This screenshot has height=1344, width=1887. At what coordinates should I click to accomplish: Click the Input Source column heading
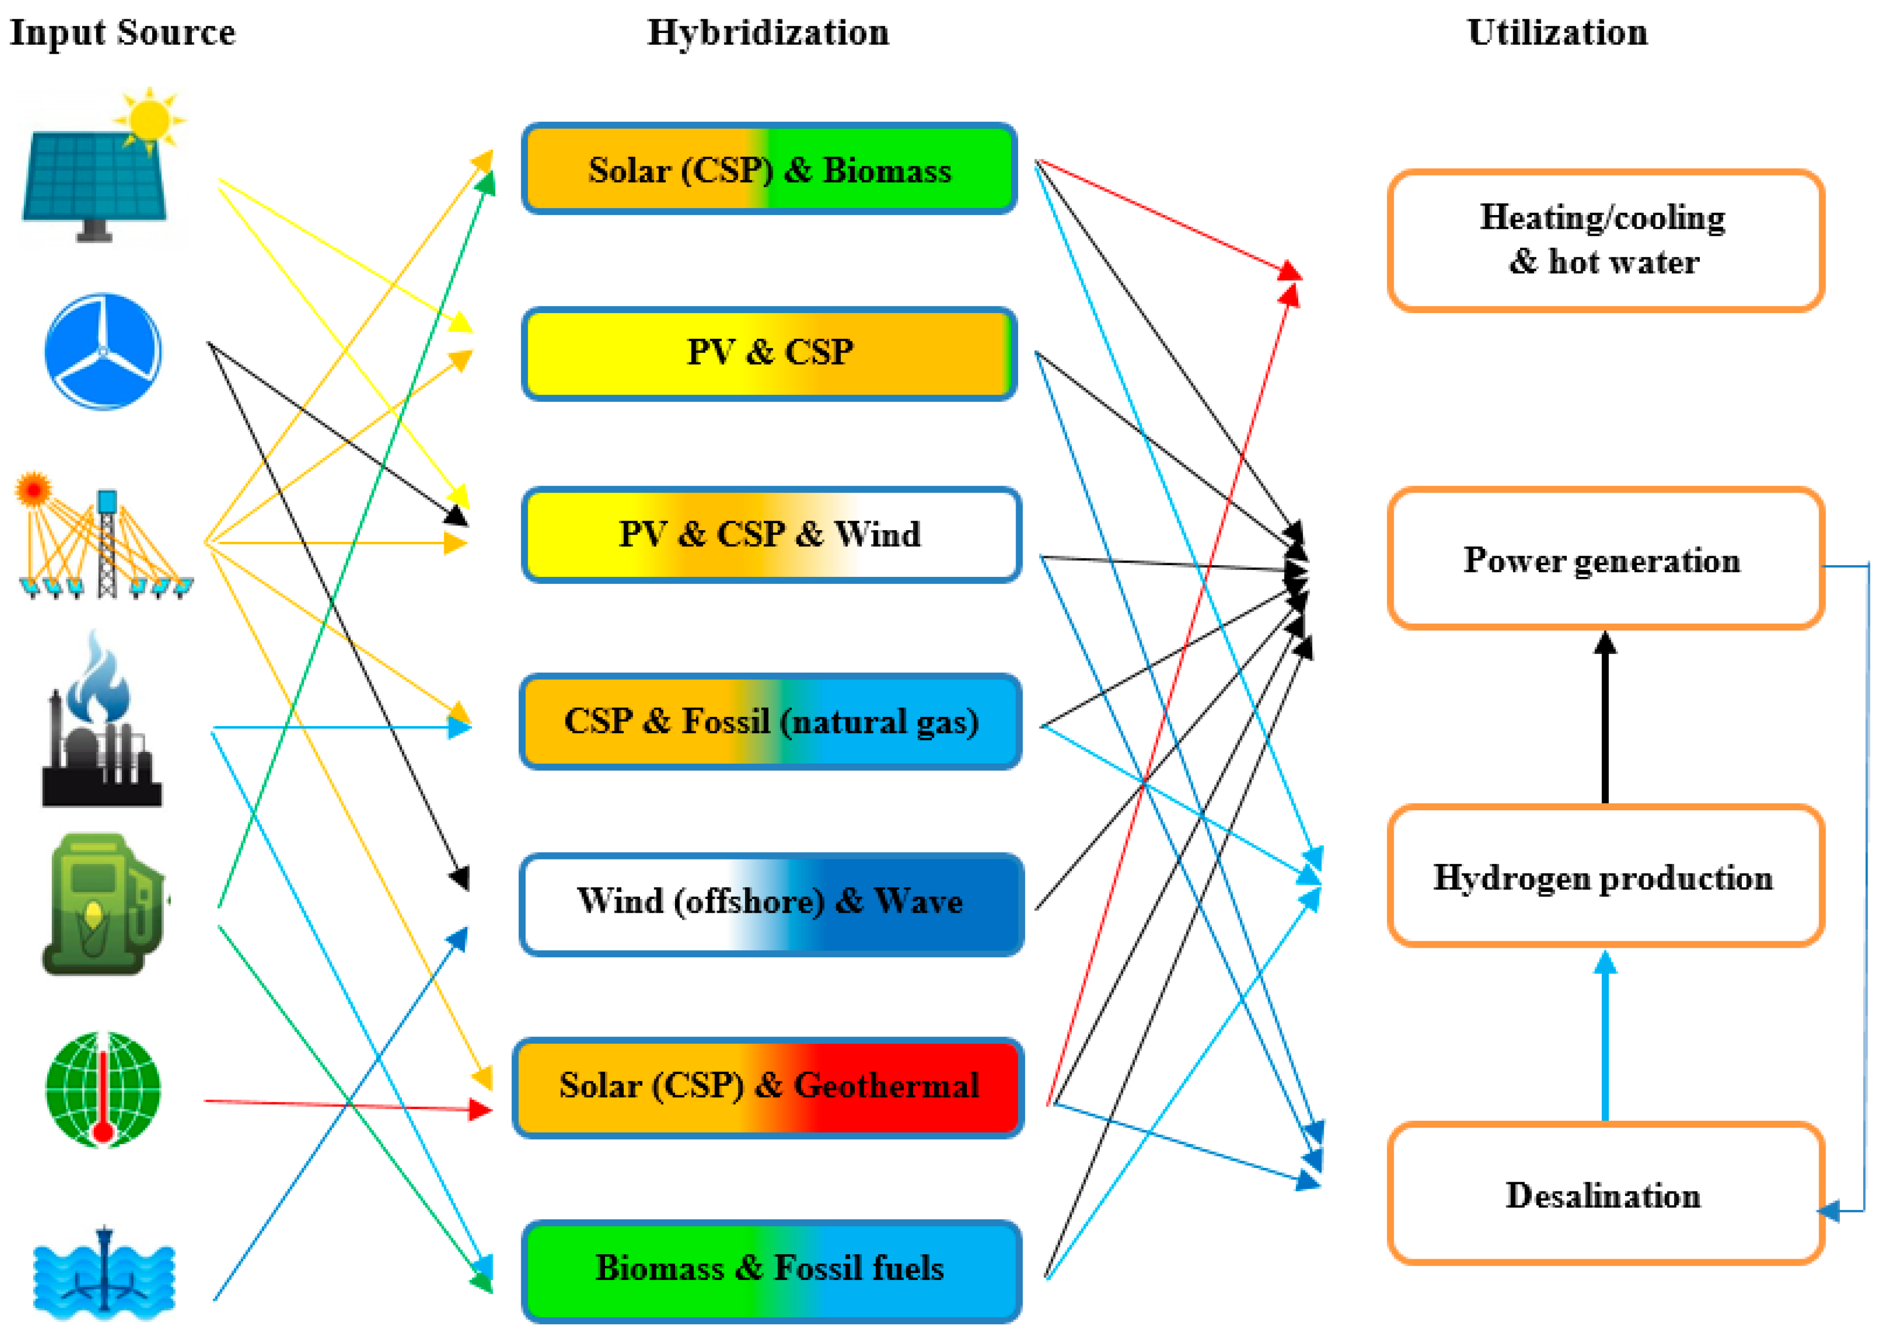pos(122,33)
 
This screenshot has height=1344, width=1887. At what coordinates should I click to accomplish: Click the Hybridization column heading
pos(767,33)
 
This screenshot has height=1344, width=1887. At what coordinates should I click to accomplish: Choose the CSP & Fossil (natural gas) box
pos(770,721)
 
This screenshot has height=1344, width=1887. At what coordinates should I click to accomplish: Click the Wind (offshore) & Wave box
pos(770,902)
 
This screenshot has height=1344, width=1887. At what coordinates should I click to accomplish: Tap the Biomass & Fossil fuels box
pos(770,1269)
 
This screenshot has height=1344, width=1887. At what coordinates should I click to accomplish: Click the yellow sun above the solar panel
pos(150,120)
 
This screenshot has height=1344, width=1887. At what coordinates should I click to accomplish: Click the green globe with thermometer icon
pos(103,1089)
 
